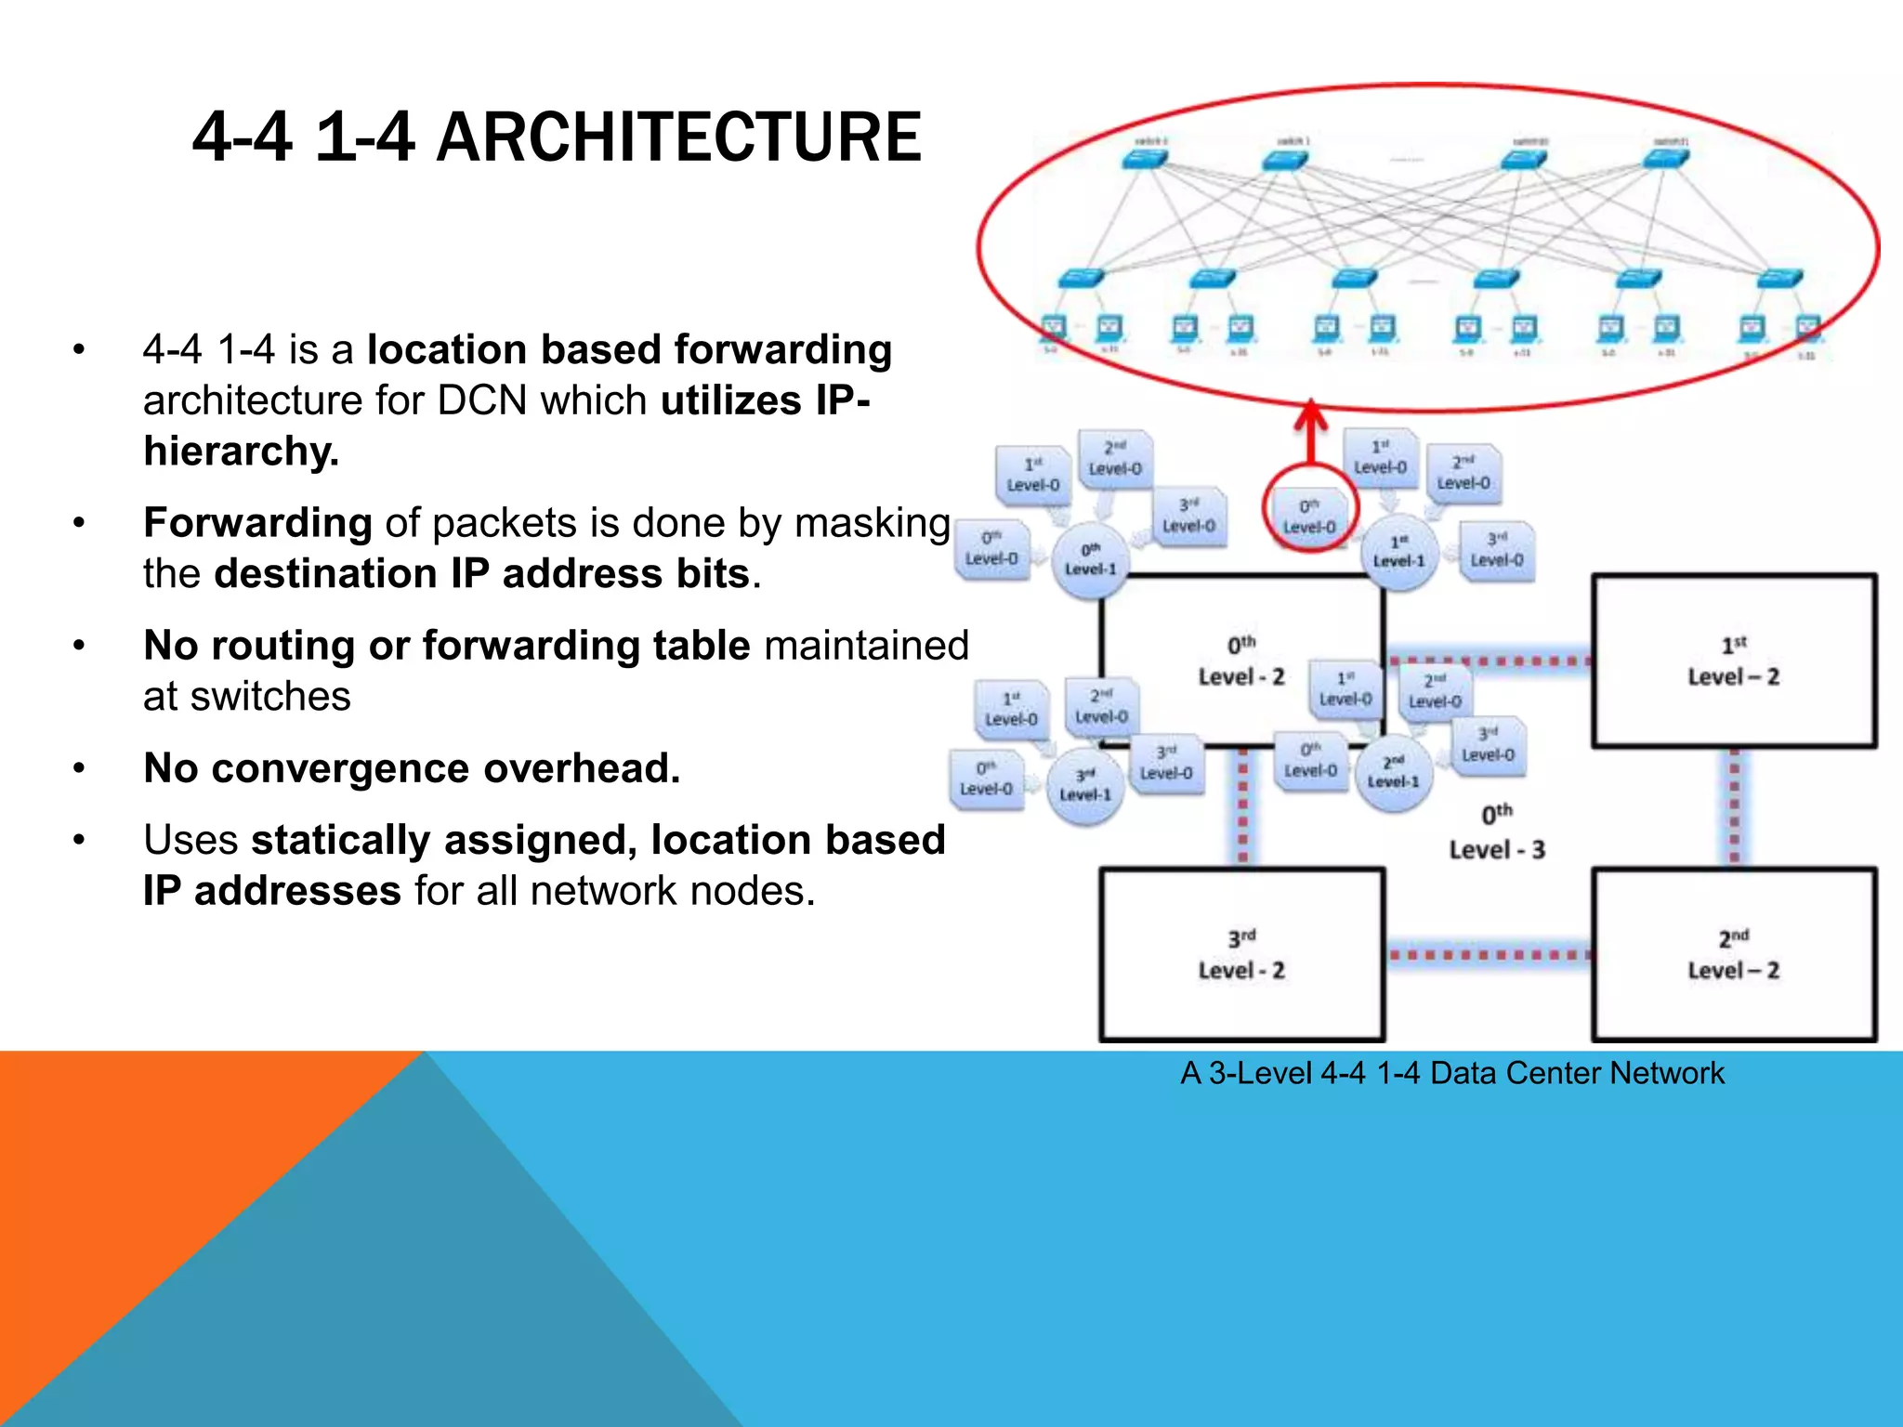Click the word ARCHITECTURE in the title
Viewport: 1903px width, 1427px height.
pyautogui.click(x=678, y=137)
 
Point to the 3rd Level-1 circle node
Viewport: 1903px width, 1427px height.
pyautogui.click(x=1085, y=787)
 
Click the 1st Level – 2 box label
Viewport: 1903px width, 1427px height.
pyautogui.click(x=1733, y=661)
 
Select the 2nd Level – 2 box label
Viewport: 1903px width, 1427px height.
pyautogui.click(x=1733, y=955)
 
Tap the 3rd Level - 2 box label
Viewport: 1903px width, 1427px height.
pyautogui.click(x=1241, y=955)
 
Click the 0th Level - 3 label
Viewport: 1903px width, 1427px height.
pyautogui.click(x=1496, y=832)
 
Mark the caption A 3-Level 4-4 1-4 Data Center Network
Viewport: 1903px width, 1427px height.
pyautogui.click(x=1451, y=1073)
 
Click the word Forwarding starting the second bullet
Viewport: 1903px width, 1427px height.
pyautogui.click(x=257, y=523)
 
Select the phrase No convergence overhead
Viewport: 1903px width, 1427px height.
pyautogui.click(x=412, y=768)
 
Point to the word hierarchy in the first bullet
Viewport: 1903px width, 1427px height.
pyautogui.click(x=240, y=452)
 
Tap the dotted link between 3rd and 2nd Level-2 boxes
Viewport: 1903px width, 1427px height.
pyautogui.click(x=1488, y=955)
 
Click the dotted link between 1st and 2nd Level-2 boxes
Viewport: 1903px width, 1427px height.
pyautogui.click(x=1734, y=806)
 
